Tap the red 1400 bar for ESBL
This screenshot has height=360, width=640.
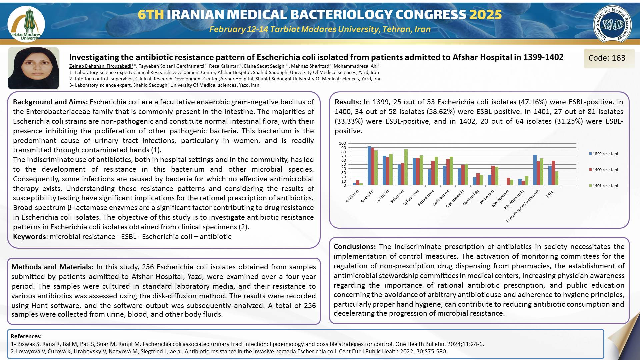(x=553, y=173)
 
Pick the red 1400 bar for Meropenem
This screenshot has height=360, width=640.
(x=508, y=182)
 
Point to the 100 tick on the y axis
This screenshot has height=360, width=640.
(x=343, y=143)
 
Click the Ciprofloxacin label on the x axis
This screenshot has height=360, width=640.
(x=455, y=199)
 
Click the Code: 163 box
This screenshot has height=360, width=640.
(x=607, y=58)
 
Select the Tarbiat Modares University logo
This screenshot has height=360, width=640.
(x=26, y=24)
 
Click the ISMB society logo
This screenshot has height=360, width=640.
(x=612, y=24)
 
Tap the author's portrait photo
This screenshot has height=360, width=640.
(x=33, y=68)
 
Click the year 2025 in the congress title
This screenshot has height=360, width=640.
(x=485, y=15)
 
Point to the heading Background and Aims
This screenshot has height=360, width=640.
(x=50, y=102)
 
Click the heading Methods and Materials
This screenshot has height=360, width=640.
(x=52, y=267)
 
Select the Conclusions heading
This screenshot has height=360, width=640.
(x=355, y=247)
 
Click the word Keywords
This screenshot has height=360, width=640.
(x=29, y=237)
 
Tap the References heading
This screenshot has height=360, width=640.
(x=26, y=336)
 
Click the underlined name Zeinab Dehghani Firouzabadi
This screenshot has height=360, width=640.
(x=100, y=66)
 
